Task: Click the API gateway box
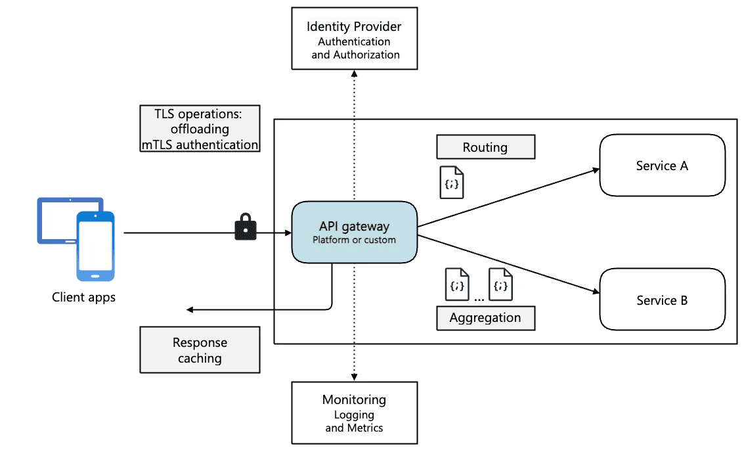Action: pyautogui.click(x=355, y=233)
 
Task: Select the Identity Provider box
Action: pyautogui.click(x=354, y=38)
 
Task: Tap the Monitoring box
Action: pyautogui.click(x=354, y=413)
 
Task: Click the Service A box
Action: pyautogui.click(x=662, y=166)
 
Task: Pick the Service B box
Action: pyautogui.click(x=662, y=300)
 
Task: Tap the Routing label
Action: pyautogui.click(x=485, y=147)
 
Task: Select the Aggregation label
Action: pyautogui.click(x=485, y=318)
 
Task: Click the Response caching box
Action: pyautogui.click(x=200, y=351)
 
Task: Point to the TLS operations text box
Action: pyautogui.click(x=200, y=129)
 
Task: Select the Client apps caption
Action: pyautogui.click(x=83, y=298)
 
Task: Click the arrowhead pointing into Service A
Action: pyautogui.click(x=596, y=170)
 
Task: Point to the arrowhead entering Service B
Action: pyautogui.click(x=596, y=292)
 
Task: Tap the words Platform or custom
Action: pyautogui.click(x=354, y=240)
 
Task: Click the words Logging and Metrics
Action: pyautogui.click(x=354, y=421)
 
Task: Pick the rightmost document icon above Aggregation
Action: pyautogui.click(x=501, y=284)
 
